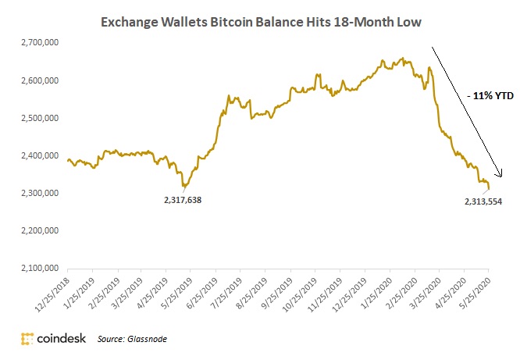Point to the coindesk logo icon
point(27,339)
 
